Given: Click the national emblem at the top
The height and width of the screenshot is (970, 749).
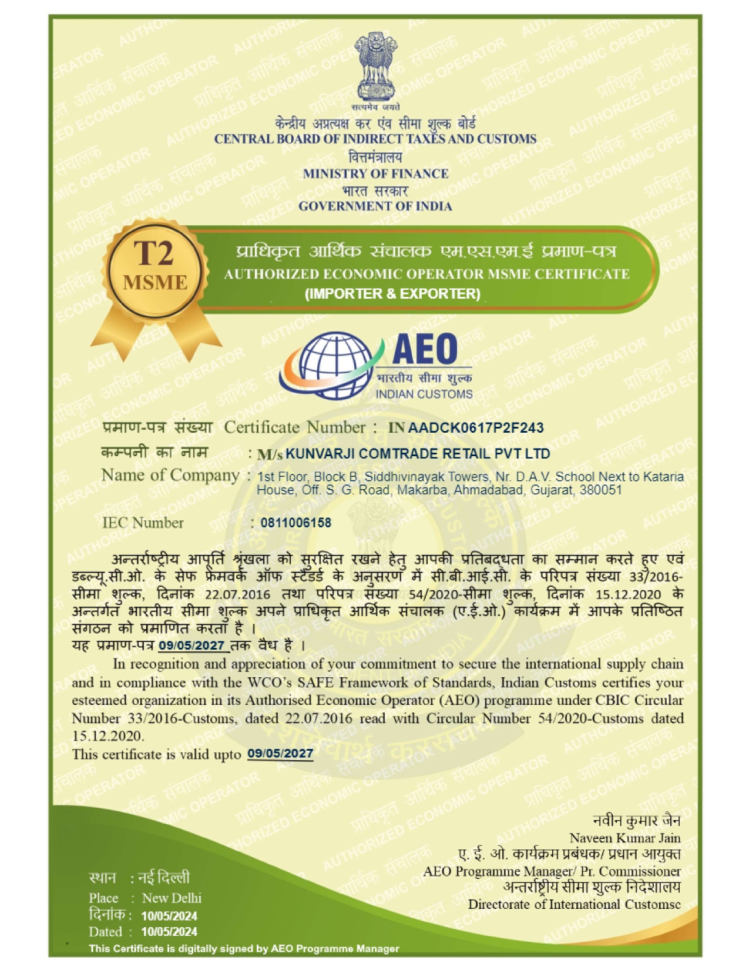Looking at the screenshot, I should [x=375, y=68].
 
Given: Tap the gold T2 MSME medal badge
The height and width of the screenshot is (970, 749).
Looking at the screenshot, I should [x=155, y=270].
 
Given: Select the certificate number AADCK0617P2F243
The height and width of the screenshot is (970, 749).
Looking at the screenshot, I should [x=475, y=427].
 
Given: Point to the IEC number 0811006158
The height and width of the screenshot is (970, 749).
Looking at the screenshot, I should [x=295, y=523].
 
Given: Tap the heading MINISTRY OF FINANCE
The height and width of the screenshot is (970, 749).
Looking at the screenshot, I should [x=375, y=173].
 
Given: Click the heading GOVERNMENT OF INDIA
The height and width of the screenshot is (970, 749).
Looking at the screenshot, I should [x=375, y=206].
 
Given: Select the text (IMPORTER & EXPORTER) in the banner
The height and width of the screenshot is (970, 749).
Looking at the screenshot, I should [x=392, y=294].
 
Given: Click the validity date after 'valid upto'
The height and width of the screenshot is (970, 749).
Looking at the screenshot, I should [x=280, y=754].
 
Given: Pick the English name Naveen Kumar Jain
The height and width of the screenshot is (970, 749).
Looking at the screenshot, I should [x=624, y=838].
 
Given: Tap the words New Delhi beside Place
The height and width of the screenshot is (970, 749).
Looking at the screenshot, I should [x=172, y=898].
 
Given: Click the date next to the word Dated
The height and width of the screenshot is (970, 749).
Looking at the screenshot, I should [x=169, y=932].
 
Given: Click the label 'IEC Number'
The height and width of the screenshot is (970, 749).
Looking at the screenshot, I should [x=143, y=523].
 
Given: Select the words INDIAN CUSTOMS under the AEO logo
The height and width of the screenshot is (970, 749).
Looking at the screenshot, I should [x=424, y=394].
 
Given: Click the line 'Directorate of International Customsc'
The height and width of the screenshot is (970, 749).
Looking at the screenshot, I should [x=574, y=904].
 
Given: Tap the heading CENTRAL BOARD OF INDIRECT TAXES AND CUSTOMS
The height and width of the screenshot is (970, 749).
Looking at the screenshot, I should [x=375, y=139].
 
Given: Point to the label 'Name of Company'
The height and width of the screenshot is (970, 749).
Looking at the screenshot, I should [x=170, y=475].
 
